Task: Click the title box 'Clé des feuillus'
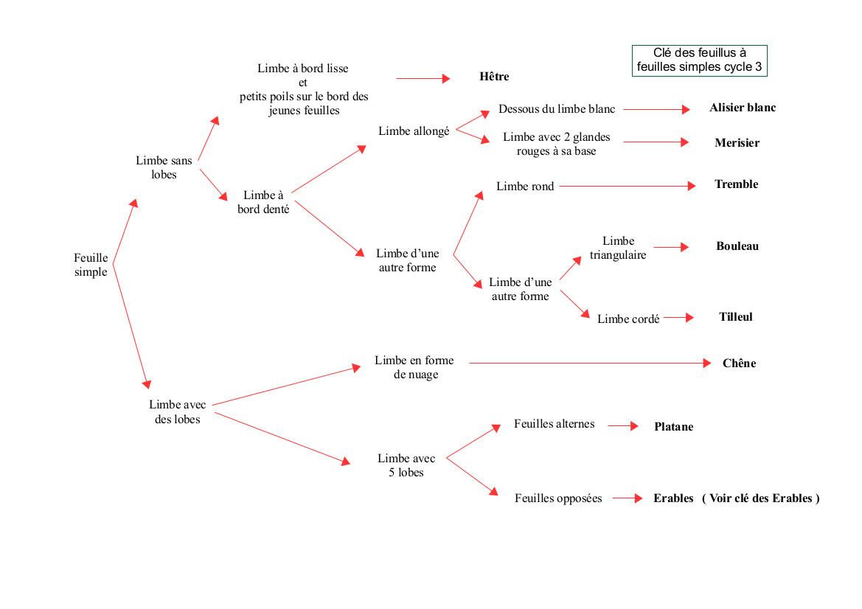[x=699, y=60]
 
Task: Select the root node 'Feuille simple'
[x=91, y=265]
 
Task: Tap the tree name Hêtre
[x=494, y=77]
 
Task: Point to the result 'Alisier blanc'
[x=742, y=108]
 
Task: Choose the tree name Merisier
[x=737, y=143]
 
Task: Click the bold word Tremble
[x=736, y=184]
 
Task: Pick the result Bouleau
[x=737, y=246]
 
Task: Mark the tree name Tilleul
[x=736, y=316]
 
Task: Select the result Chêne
[x=739, y=363]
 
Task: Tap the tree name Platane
[x=673, y=426]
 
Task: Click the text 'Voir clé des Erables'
[x=760, y=498]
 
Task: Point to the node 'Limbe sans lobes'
[x=164, y=167]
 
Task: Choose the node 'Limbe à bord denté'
[x=263, y=202]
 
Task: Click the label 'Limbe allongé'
[x=414, y=131]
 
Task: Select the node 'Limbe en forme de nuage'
[x=414, y=367]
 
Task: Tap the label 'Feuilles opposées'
[x=558, y=498]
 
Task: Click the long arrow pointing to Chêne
[x=591, y=363]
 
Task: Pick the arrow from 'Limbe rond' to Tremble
[x=628, y=187]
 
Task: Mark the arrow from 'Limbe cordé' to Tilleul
[x=678, y=317]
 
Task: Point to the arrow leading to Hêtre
[x=423, y=79]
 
